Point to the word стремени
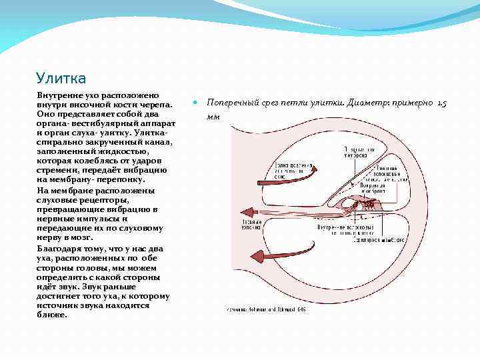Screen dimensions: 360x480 tap(58, 170)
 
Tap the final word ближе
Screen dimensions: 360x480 tap(53, 314)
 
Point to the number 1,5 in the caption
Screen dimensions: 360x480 tap(442, 103)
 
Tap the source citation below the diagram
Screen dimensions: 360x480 tap(267, 310)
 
